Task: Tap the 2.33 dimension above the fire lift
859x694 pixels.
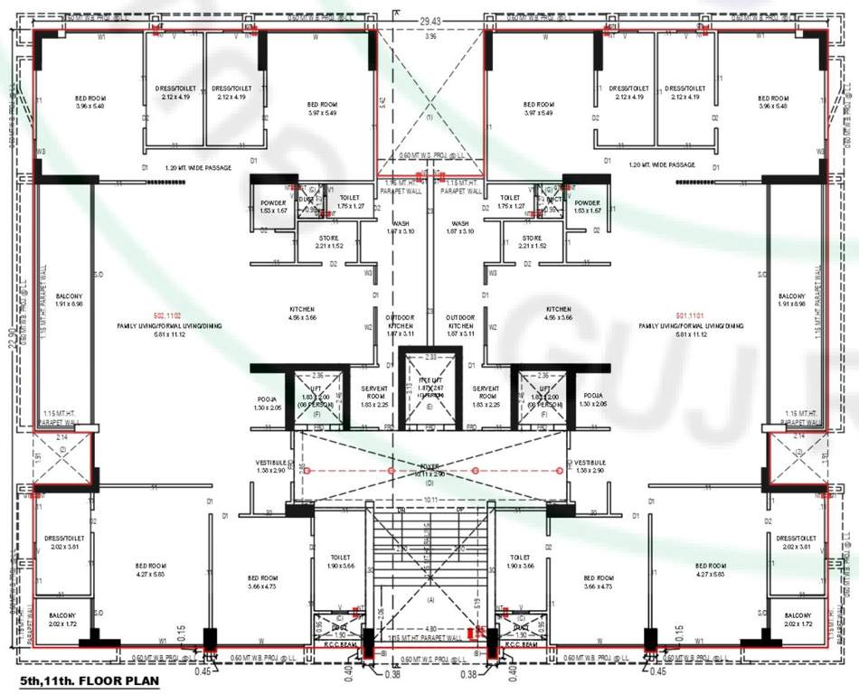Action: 430,358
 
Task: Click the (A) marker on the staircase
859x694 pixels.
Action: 430,600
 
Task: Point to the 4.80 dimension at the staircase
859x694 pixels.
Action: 430,627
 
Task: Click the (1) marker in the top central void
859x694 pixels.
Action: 430,117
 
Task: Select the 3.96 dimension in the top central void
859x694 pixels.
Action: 430,37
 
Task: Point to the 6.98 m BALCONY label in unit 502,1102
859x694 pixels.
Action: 70,300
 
